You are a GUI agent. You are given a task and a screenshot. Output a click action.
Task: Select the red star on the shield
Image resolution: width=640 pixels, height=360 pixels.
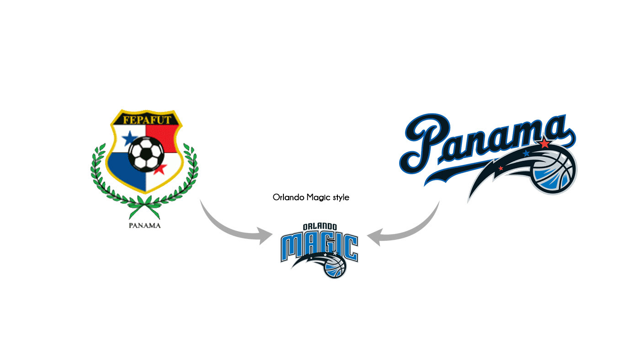click(160, 169)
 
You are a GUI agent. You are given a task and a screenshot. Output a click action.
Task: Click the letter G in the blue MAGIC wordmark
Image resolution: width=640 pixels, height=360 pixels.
click(323, 247)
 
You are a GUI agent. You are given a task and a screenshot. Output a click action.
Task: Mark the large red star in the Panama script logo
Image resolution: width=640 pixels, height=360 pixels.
click(544, 144)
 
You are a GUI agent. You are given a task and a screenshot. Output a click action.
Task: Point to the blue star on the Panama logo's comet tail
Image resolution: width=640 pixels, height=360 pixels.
click(527, 153)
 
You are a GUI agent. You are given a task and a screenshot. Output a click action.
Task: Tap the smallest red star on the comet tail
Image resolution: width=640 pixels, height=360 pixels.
click(501, 169)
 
